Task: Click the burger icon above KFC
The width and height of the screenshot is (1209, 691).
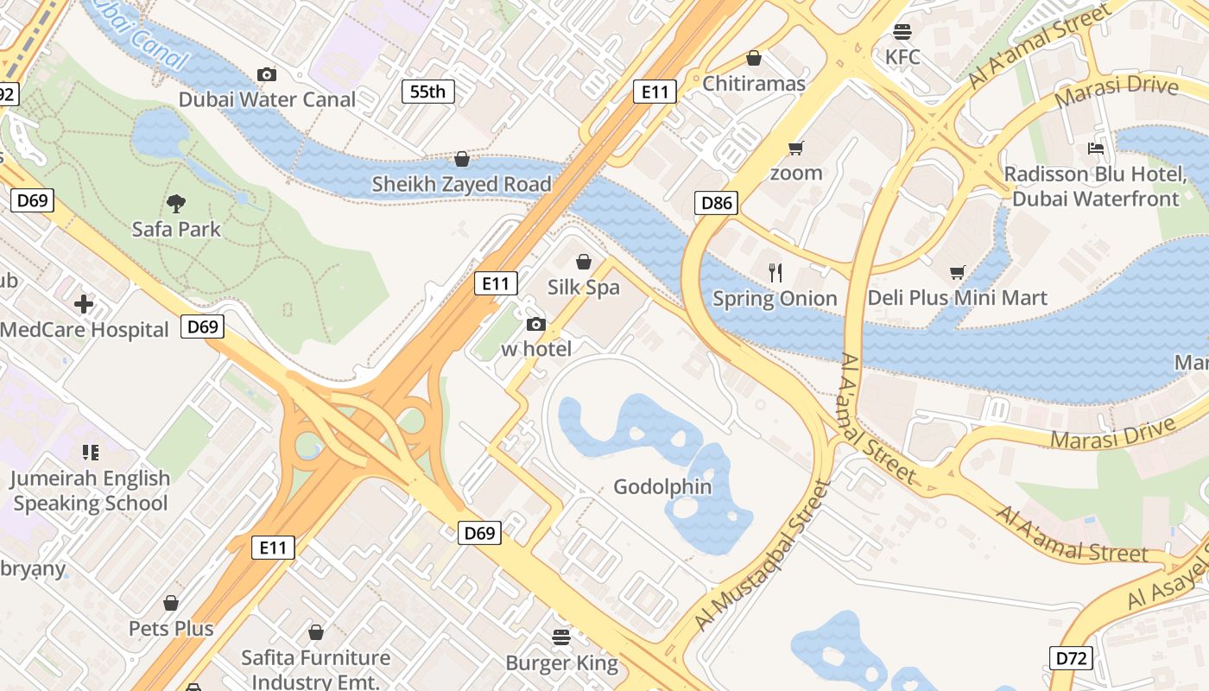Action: pos(902,32)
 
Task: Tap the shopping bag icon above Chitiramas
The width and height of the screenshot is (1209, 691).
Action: pos(754,58)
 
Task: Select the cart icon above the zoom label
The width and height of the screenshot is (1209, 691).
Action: pos(795,148)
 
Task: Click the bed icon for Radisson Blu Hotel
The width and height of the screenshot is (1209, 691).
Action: pos(1096,149)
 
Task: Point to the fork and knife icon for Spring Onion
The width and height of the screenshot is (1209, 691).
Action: pos(775,273)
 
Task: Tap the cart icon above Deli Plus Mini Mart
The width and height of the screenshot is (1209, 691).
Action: pos(957,273)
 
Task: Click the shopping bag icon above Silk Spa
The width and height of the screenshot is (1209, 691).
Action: pos(584,262)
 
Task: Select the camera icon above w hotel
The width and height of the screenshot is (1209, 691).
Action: pos(536,324)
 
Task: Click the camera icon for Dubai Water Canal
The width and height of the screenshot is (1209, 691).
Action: pos(267,74)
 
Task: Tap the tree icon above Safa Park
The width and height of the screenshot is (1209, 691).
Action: pos(176,204)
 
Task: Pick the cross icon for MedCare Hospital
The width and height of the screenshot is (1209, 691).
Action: pos(84,304)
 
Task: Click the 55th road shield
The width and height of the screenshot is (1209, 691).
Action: pos(427,91)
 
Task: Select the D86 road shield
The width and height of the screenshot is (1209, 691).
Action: pos(716,203)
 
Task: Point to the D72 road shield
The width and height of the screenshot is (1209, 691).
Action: pos(1072,658)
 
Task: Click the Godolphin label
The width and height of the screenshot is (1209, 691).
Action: pos(662,487)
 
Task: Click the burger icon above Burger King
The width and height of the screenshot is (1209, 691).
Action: pos(561,637)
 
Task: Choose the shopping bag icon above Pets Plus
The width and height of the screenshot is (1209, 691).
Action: pos(171,603)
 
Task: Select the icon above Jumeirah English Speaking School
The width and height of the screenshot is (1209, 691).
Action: pos(90,453)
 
